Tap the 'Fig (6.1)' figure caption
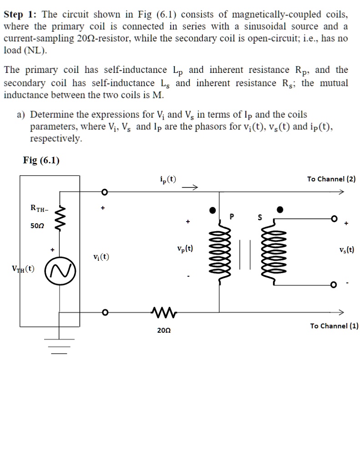coord(41,160)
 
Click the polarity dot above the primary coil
coord(213,210)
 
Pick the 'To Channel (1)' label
coord(334,325)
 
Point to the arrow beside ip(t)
coord(191,187)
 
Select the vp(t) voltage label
coord(185,248)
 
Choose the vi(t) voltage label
coord(101,256)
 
